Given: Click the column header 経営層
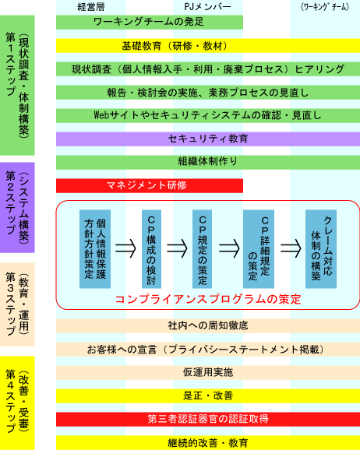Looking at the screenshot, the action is (x=91, y=6).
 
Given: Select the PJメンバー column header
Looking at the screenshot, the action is (x=208, y=6).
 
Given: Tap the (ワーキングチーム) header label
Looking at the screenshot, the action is (x=325, y=7).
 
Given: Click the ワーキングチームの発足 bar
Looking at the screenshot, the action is (x=150, y=22).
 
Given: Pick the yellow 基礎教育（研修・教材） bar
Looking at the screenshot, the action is (x=208, y=46).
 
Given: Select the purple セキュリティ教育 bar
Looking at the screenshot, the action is (x=208, y=139).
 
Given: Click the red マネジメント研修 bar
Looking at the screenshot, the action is (x=150, y=185).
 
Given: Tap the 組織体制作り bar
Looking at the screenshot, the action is (x=208, y=163).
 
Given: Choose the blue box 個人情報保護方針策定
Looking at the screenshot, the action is (x=95, y=249).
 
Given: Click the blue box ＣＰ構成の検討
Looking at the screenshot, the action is (x=151, y=249).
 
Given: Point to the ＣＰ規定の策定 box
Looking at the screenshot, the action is (x=203, y=249).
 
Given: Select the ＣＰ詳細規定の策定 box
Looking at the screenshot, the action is (x=259, y=249).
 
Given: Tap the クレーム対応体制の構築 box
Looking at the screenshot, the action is (x=321, y=249).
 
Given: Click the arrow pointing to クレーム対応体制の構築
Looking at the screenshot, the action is (x=291, y=248).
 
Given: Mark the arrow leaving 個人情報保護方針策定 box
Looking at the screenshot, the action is (x=125, y=248).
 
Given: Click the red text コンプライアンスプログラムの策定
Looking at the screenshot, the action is (x=208, y=299).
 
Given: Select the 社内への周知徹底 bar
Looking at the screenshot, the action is (x=208, y=325).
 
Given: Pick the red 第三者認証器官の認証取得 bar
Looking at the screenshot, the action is (x=208, y=419).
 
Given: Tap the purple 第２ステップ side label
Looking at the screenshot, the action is (x=17, y=208).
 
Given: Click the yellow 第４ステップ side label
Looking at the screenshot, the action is (x=17, y=403).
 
